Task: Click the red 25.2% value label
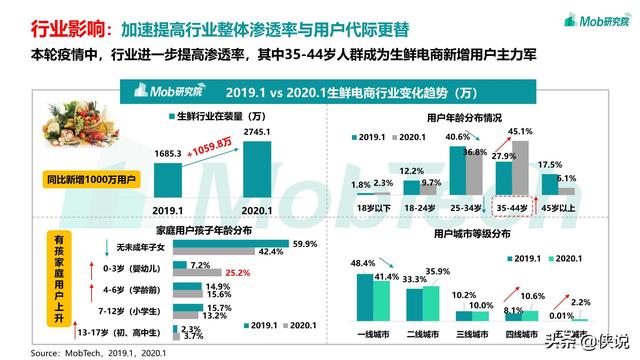pos(237,271)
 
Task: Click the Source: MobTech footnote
pos(85,353)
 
